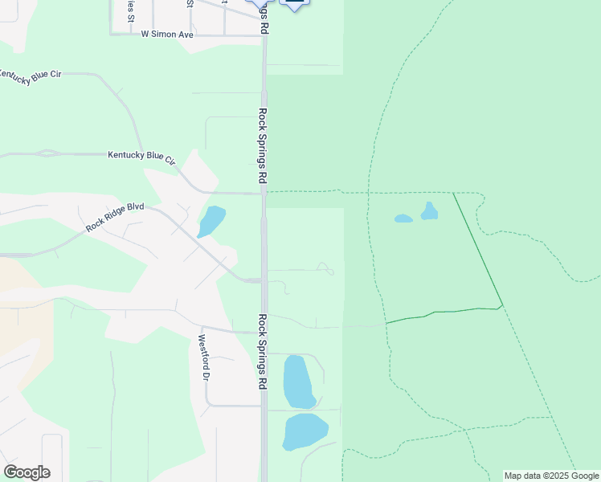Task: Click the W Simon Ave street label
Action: (167, 35)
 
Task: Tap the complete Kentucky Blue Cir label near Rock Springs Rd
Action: (141, 157)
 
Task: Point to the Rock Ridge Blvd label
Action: (115, 218)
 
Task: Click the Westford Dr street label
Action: (204, 357)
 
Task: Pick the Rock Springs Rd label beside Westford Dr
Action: (262, 352)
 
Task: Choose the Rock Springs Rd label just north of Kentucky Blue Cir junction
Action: (262, 145)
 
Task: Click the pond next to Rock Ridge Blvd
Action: (211, 221)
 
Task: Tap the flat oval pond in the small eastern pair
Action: (403, 219)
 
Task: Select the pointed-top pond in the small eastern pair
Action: (429, 212)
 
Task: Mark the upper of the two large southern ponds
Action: (298, 382)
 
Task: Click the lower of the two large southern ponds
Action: (305, 431)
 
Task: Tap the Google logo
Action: (27, 472)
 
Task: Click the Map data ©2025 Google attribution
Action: (551, 476)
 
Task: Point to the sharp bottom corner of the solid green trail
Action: (502, 305)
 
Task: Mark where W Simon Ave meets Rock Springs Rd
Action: (264, 35)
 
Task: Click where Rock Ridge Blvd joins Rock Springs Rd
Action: (264, 280)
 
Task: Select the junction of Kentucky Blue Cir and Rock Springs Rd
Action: (264, 193)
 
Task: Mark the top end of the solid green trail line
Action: (453, 193)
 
